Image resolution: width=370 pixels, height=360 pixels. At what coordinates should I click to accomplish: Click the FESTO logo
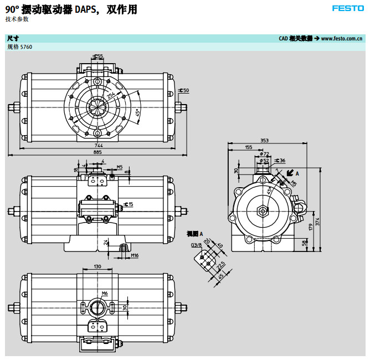[x=347, y=8]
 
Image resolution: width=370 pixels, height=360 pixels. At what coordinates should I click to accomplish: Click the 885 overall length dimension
[x=97, y=152]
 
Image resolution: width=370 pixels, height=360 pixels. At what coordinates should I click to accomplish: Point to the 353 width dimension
[x=264, y=141]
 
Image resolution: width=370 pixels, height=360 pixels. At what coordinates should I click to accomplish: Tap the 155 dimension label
[x=248, y=147]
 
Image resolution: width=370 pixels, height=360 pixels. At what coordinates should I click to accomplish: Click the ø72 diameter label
[x=266, y=154]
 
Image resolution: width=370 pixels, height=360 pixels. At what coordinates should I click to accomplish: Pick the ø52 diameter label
[x=266, y=161]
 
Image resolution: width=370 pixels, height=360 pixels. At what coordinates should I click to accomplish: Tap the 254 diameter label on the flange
[x=112, y=97]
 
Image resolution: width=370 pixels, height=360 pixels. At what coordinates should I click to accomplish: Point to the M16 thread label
[x=134, y=255]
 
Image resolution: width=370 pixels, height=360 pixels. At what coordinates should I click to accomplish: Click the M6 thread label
[x=105, y=293]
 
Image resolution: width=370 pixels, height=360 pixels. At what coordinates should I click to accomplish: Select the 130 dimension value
[x=97, y=267]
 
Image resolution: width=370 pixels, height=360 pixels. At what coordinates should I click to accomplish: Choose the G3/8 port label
[x=194, y=244]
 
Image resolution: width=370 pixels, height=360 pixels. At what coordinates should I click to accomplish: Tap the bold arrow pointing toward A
[x=290, y=173]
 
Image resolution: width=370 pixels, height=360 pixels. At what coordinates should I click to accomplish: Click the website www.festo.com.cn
[x=342, y=39]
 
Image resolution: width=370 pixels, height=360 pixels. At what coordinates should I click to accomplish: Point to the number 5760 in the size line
[x=27, y=47]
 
